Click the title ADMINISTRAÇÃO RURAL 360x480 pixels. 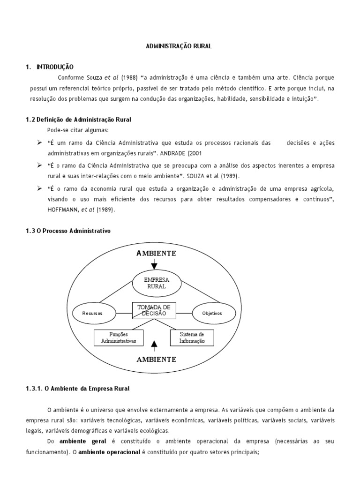click(180, 46)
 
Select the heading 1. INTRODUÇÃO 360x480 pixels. click(50, 67)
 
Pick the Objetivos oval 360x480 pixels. click(213, 313)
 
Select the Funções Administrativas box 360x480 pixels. click(119, 337)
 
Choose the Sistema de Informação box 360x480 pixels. click(192, 337)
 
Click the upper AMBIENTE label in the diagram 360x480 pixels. click(156, 253)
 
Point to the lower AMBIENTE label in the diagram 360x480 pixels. click(156, 360)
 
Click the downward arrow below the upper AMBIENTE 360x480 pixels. click(154, 265)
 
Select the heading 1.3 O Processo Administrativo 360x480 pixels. click(68, 232)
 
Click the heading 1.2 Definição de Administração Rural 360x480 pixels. click(78, 120)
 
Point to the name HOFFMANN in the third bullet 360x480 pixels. click(63, 210)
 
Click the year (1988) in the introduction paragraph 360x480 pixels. click(129, 77)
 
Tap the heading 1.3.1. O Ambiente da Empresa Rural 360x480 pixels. click(77, 389)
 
